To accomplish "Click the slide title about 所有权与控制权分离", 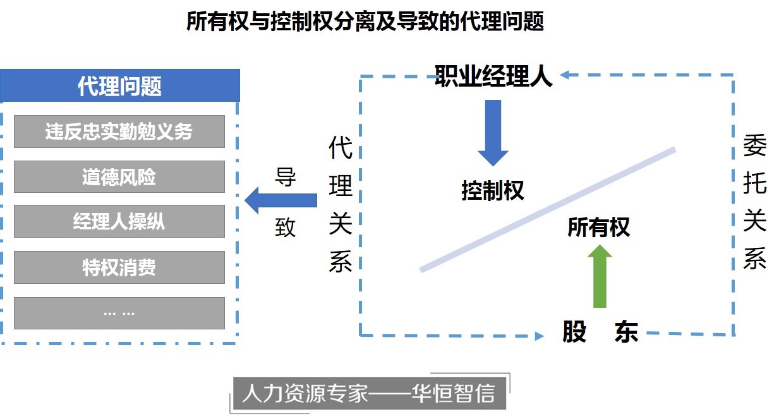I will [365, 22].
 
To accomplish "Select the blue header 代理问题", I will [120, 86].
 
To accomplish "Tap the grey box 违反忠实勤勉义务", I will [119, 132].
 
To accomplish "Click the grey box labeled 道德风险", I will [119, 177].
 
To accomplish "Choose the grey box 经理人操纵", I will [119, 222].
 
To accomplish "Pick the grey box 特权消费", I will [119, 267].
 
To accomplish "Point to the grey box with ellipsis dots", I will [119, 313].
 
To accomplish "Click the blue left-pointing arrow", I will [281, 200].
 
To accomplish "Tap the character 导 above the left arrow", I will [286, 177].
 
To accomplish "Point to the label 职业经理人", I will [493, 76].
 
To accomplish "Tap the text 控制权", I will [493, 190].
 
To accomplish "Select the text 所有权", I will [598, 227].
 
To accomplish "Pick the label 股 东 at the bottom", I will [600, 332].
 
